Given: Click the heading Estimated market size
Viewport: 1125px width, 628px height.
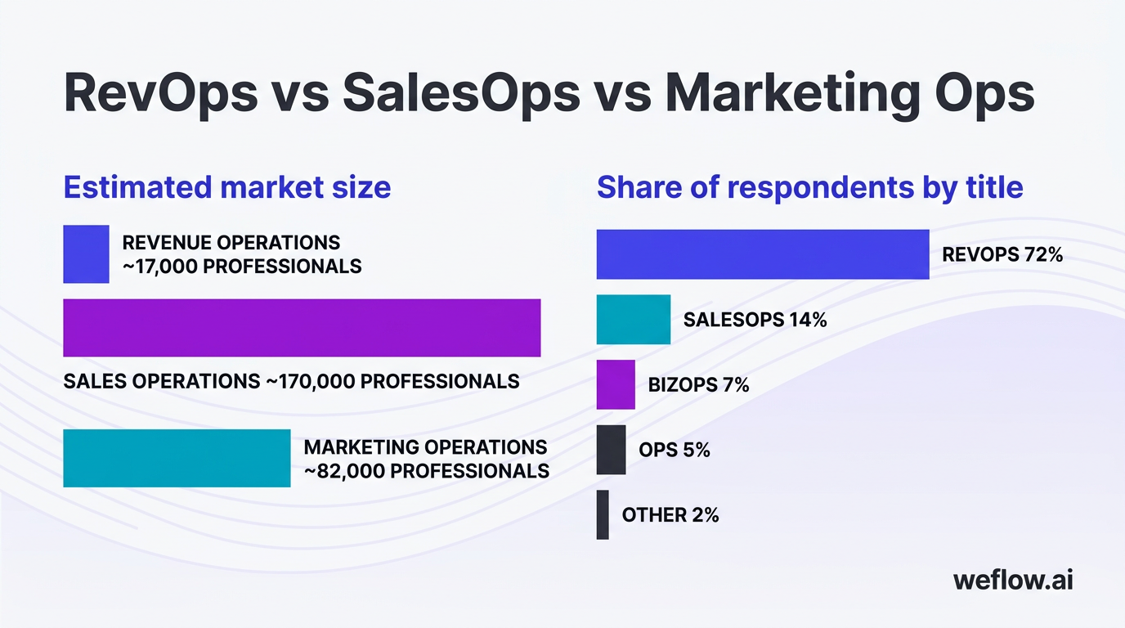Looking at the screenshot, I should pyautogui.click(x=226, y=187).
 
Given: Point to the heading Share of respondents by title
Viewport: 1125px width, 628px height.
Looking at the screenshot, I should pyautogui.click(x=809, y=187).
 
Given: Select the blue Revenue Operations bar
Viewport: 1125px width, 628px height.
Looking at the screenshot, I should pyautogui.click(x=86, y=254).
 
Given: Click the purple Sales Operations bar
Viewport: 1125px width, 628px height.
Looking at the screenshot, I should pyautogui.click(x=302, y=328).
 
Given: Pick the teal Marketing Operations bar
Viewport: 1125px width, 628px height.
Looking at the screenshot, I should pyautogui.click(x=177, y=458).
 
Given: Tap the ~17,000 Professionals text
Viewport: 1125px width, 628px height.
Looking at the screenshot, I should pyautogui.click(x=242, y=267).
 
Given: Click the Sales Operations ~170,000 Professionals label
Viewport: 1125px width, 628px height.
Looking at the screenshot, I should pyautogui.click(x=291, y=381).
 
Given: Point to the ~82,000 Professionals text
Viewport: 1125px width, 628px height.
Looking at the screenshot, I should pyautogui.click(x=426, y=471).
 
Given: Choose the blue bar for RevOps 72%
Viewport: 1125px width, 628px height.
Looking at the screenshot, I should pyautogui.click(x=762, y=254).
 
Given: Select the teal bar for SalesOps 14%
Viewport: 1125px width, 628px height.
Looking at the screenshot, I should pyautogui.click(x=633, y=319).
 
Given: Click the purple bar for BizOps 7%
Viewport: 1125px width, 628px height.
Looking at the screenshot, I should pyautogui.click(x=616, y=384).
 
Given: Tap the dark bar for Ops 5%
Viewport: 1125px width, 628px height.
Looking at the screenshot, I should pyautogui.click(x=611, y=450).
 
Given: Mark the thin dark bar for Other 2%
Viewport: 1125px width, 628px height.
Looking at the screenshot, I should pyautogui.click(x=603, y=514).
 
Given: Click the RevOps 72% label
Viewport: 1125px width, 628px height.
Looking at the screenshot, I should pyautogui.click(x=1002, y=254).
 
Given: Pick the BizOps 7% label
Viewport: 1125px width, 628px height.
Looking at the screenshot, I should pyautogui.click(x=698, y=384).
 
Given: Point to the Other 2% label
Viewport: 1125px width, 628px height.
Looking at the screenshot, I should pyautogui.click(x=670, y=514).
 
